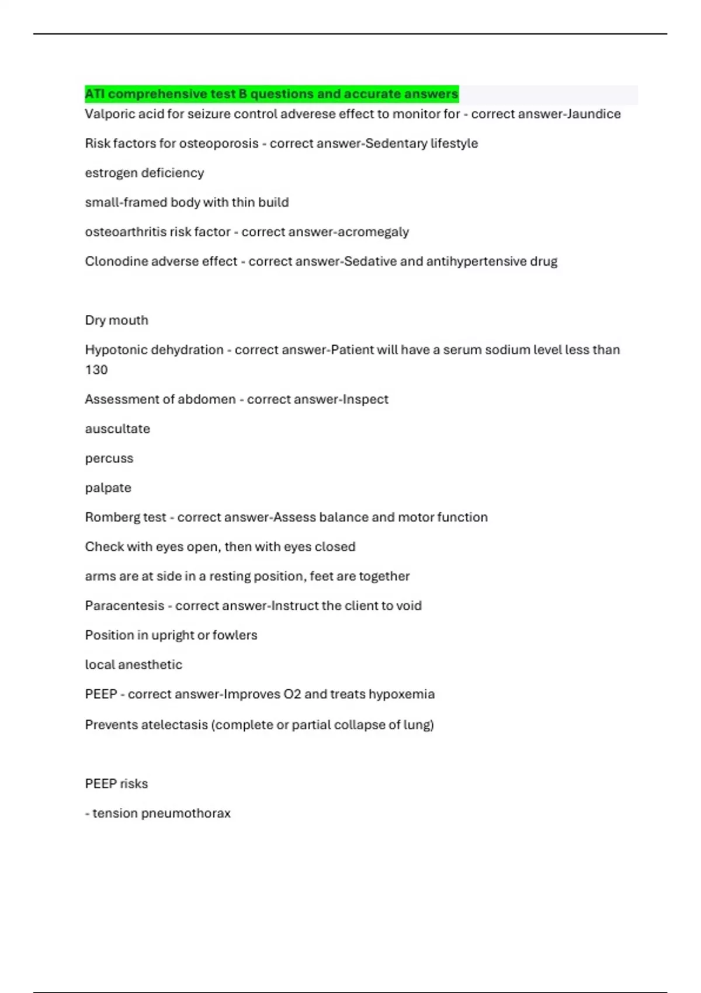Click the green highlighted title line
point(272,94)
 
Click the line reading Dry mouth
point(117,320)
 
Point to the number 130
point(96,370)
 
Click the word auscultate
point(117,429)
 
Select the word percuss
point(109,459)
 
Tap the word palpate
point(108,488)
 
